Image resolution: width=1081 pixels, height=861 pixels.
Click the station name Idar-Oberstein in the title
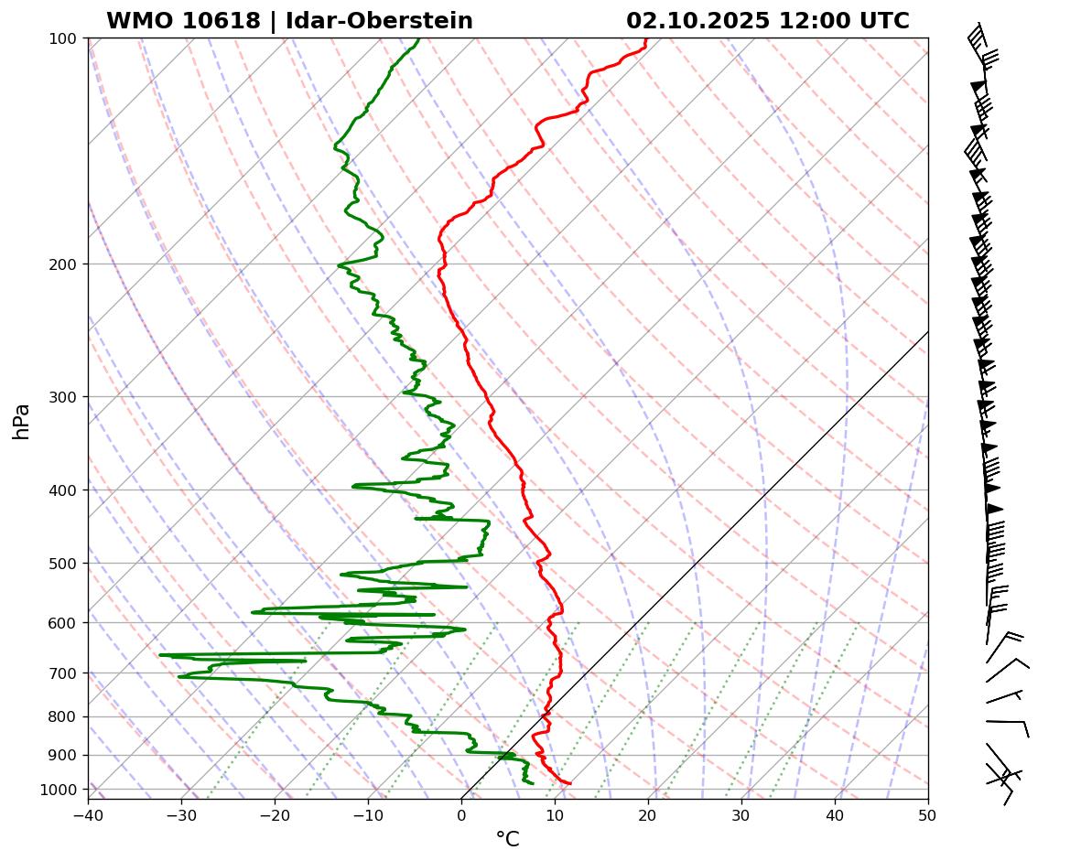pos(379,21)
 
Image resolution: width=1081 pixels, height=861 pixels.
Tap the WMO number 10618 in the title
pos(229,21)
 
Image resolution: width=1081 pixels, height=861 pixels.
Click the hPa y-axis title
pos(22,421)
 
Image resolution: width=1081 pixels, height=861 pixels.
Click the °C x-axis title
pos(507,839)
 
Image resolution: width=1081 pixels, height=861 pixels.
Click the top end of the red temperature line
pos(645,39)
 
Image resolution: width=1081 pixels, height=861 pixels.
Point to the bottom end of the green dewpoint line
pos(533,783)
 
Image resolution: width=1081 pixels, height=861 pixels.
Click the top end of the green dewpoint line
pos(419,39)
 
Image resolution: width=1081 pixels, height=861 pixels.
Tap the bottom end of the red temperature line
pos(570,783)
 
